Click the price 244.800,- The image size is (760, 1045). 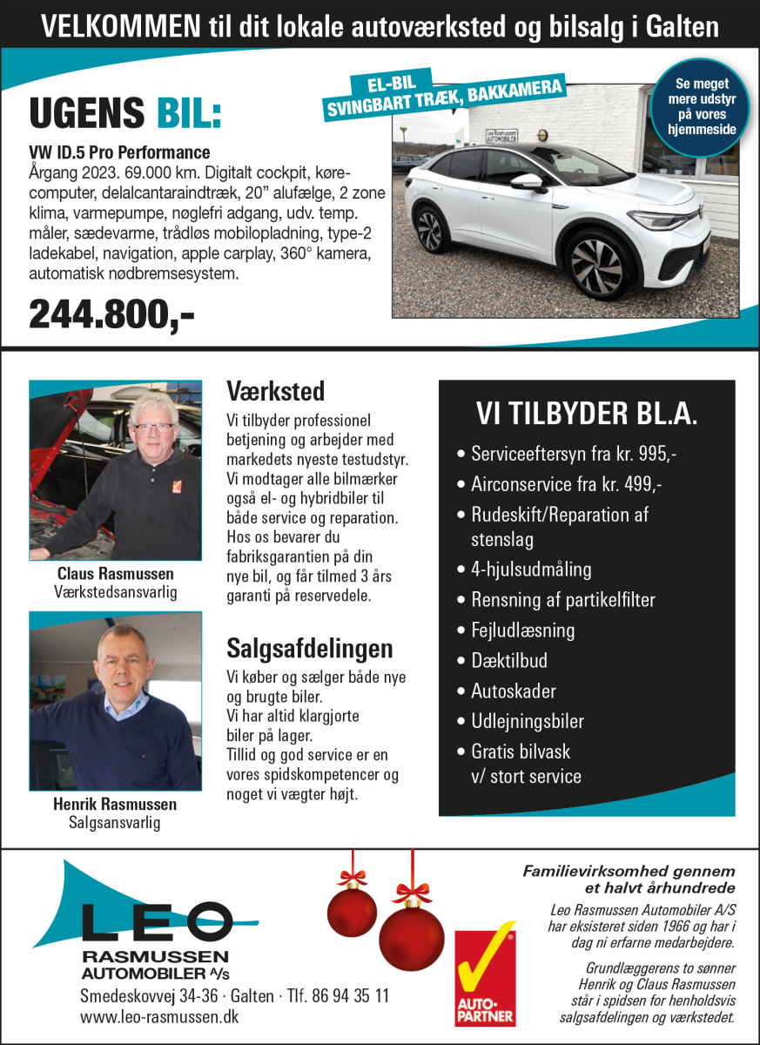(111, 314)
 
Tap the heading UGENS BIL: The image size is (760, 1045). (125, 113)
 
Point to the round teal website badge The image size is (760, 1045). (705, 106)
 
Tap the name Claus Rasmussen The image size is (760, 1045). (115, 574)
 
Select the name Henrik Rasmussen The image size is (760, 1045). (115, 804)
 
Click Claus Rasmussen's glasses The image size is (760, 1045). (153, 428)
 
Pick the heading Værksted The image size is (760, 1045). (275, 389)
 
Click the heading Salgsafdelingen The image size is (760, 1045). (309, 648)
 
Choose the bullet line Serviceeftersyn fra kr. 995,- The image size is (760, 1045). (574, 454)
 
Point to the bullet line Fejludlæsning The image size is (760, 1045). (522, 630)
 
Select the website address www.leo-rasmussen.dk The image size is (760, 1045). (159, 1016)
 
